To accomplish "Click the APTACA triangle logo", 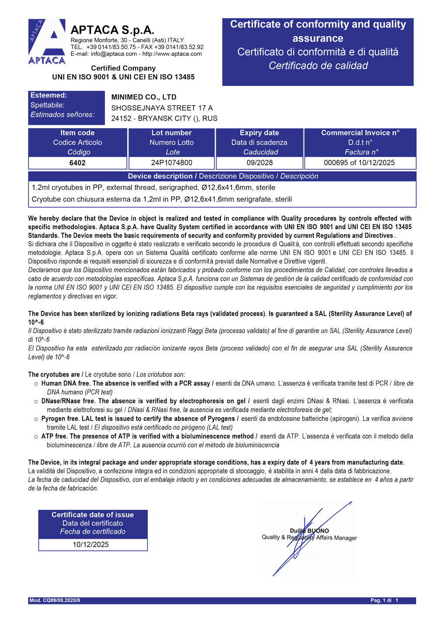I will click(47, 42).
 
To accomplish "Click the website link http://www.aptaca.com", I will click(172, 54).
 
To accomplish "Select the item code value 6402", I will click(77, 163).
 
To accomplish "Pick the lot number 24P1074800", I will click(171, 163).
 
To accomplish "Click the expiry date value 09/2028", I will click(260, 163).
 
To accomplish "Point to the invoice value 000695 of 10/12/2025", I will click(359, 163).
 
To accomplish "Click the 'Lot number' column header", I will click(171, 133).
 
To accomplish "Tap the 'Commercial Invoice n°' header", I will click(360, 133).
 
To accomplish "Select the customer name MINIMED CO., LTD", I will click(144, 97).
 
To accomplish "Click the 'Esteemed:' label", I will click(49, 95).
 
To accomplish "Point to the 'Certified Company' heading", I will click(123, 68).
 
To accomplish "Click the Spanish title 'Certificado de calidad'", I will click(318, 66).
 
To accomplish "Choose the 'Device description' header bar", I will click(222, 176).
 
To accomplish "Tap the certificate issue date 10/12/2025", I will click(91, 545).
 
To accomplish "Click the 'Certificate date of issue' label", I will click(93, 515).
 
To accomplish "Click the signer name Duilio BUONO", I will click(309, 531).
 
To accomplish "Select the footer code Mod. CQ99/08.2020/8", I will click(55, 601).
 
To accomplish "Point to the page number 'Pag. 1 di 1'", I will click(385, 601).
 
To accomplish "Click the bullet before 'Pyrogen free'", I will click(36, 419).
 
